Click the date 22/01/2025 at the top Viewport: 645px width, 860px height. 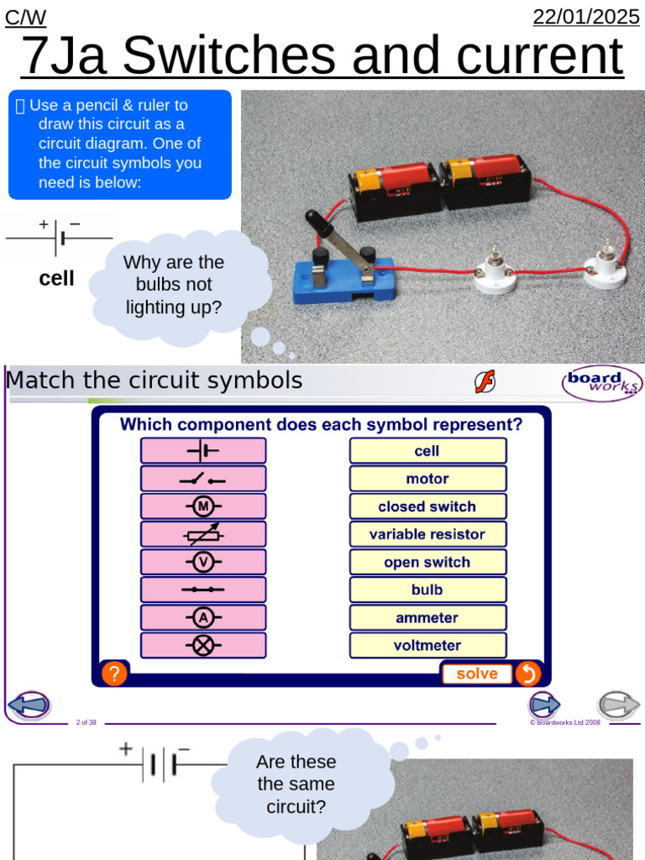tap(586, 17)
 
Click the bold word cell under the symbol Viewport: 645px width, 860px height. tap(57, 278)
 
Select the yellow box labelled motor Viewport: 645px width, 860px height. tap(427, 479)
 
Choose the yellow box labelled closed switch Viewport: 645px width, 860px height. tap(427, 506)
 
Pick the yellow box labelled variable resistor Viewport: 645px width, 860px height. tap(427, 534)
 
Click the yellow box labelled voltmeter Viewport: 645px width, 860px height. tap(427, 645)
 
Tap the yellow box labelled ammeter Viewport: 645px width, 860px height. tap(427, 617)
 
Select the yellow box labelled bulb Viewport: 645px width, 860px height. tap(427, 590)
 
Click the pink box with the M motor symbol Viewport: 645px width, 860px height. tap(203, 506)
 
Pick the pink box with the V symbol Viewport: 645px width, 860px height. tap(203, 562)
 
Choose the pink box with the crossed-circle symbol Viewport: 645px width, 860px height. tap(203, 645)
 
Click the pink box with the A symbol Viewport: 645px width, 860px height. tap(203, 617)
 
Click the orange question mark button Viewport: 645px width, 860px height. tap(114, 674)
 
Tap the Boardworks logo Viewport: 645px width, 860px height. tap(600, 383)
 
